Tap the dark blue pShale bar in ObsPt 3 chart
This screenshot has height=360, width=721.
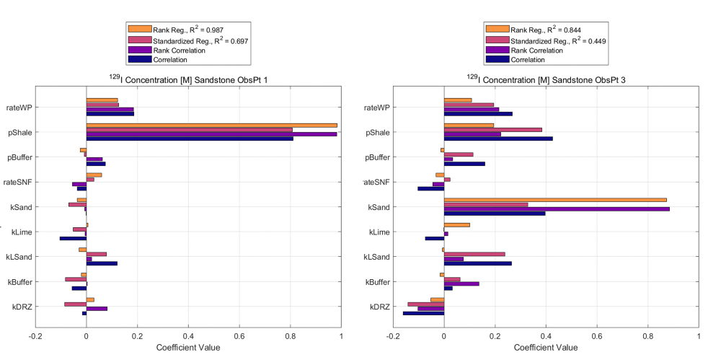(498, 139)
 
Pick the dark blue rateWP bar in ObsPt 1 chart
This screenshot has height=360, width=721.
(110, 114)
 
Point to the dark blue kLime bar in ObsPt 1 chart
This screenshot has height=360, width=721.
(73, 238)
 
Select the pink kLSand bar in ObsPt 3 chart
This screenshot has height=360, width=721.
(474, 254)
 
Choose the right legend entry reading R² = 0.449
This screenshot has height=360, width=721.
(559, 40)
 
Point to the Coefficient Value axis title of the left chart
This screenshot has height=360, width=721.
(188, 348)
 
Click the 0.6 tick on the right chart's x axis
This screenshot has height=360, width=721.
(596, 336)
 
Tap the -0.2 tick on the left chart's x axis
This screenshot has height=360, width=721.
(35, 336)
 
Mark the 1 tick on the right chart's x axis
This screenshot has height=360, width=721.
(698, 336)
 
